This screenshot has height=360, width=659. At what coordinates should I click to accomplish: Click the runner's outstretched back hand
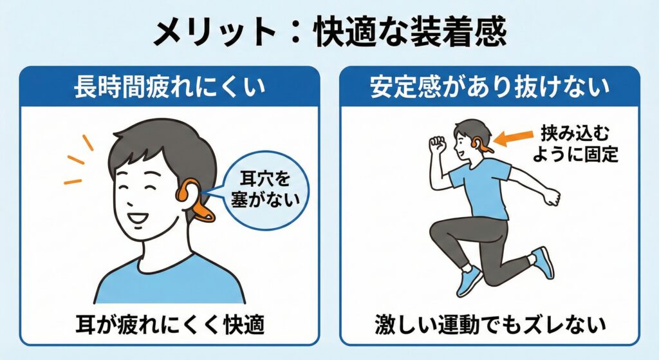(x=551, y=196)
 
